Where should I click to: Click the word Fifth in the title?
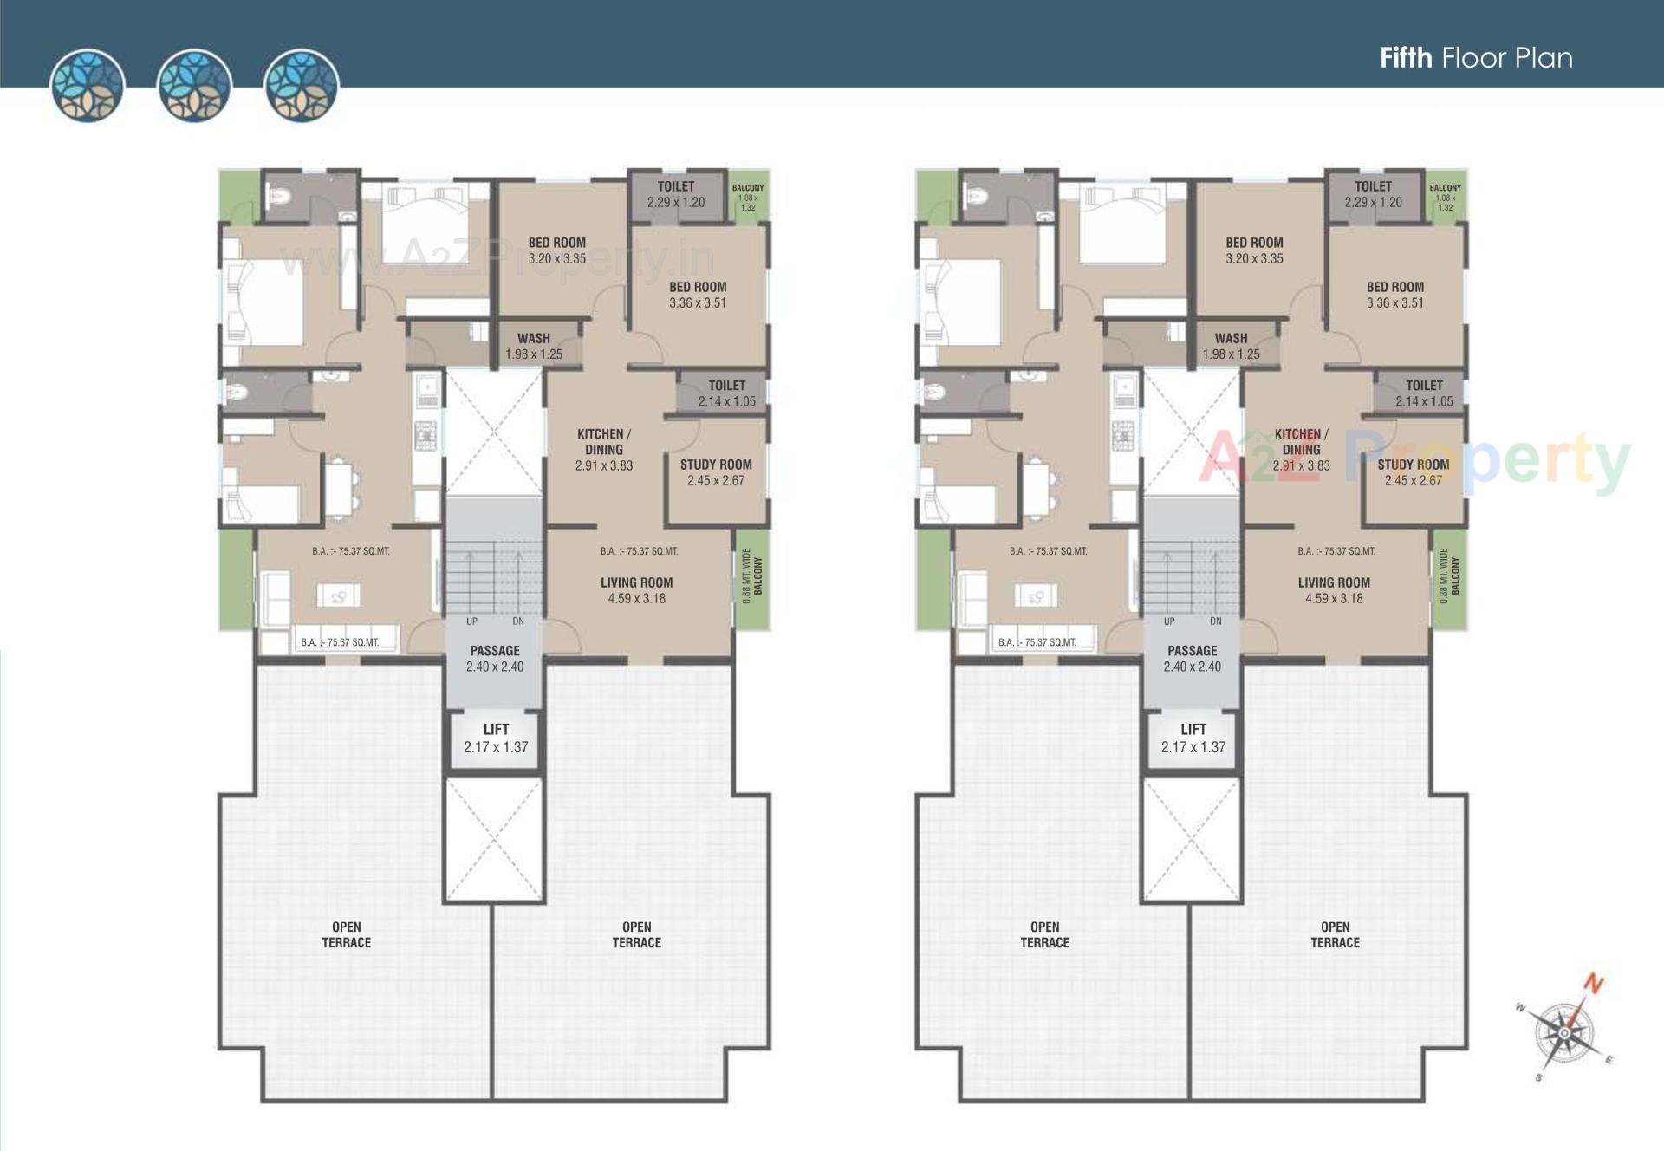pos(1405,58)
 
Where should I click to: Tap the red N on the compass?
pos(1593,984)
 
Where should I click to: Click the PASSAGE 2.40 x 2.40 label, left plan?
pos(495,659)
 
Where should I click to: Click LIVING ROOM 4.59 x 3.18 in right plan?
pos(1334,590)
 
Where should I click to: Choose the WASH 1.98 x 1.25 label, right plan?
pos(1231,346)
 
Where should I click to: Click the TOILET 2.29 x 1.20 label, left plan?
pos(676,194)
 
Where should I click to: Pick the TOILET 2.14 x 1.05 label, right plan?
pos(1424,393)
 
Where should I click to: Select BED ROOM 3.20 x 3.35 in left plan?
pos(557,250)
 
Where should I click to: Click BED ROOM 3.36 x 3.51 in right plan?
pos(1394,295)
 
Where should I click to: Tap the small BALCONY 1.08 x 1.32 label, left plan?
pos(748,197)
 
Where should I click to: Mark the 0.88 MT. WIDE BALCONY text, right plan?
pos(1449,575)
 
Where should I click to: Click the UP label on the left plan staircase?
pos(471,621)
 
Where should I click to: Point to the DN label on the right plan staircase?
pos(1215,621)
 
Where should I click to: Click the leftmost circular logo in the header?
pos(88,85)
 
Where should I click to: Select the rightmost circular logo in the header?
pos(301,85)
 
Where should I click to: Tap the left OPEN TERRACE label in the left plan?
pos(347,934)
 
